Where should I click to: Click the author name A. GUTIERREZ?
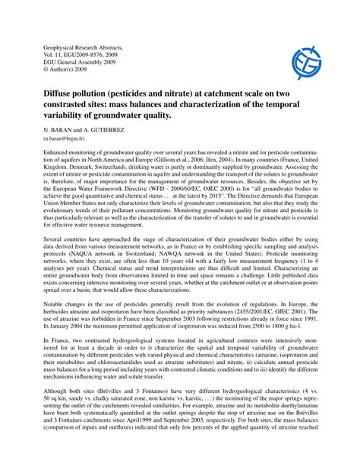pyautogui.click(x=99, y=130)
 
